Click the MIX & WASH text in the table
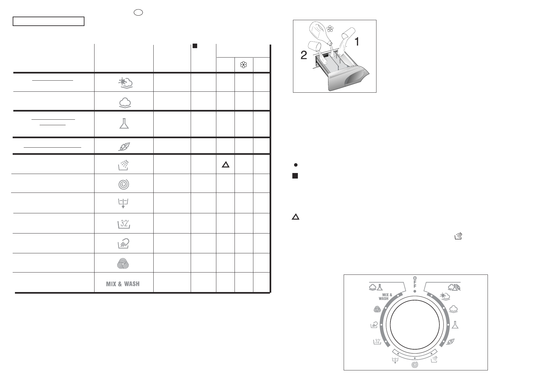click(122, 284)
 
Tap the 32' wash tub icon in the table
click(124, 224)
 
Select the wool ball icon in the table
click(123, 263)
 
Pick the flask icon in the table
click(124, 124)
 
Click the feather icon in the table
click(124, 146)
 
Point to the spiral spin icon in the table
click(123, 184)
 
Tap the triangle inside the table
click(226, 165)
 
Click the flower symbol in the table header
click(244, 65)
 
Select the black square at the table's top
click(195, 46)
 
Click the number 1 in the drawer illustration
click(357, 42)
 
